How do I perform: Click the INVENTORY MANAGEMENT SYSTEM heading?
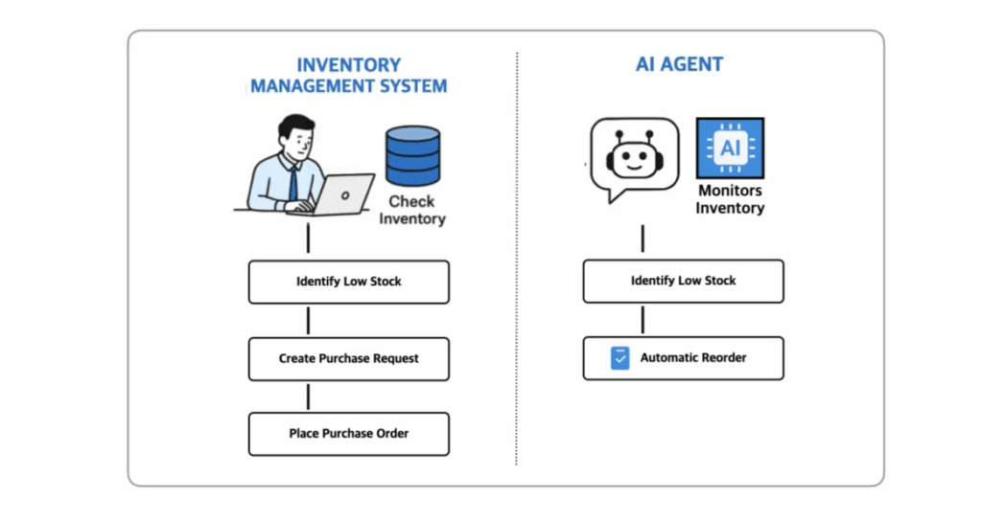349,75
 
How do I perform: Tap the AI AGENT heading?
680,64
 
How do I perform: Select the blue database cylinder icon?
412,156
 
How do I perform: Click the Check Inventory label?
412,210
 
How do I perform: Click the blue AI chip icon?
730,148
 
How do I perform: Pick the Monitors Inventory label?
730,199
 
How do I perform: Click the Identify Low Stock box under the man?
349,282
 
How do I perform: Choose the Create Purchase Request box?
349,359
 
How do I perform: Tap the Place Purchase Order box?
349,434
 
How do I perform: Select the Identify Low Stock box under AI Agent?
683,282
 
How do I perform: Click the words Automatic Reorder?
693,357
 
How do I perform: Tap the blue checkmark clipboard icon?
620,358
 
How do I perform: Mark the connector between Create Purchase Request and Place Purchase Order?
308,397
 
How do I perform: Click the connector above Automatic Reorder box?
643,320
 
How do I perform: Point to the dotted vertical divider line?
517,259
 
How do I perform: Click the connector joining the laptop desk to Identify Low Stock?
308,238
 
